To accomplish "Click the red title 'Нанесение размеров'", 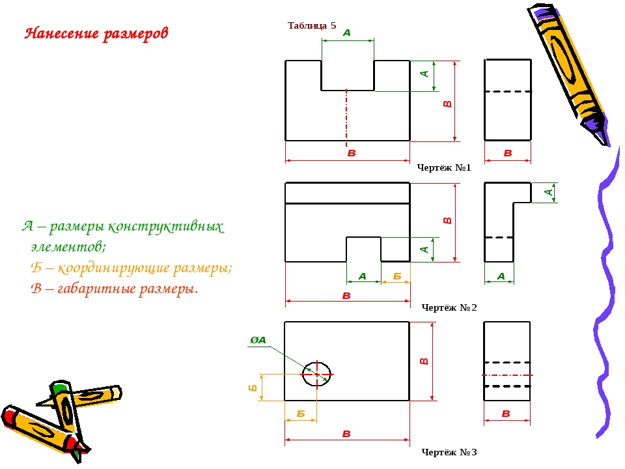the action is (96, 33).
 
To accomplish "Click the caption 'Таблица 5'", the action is (312, 25).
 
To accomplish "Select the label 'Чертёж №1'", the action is (444, 167).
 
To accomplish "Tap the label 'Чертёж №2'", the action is (449, 307).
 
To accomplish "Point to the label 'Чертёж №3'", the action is (449, 452).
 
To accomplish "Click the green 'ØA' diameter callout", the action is (258, 340).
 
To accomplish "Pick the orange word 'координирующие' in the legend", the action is (113, 268).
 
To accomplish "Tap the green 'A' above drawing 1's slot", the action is (347, 33).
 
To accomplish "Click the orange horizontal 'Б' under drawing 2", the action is (397, 276).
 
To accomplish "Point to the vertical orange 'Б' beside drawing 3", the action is (253, 387).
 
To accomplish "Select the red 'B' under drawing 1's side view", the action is (508, 152).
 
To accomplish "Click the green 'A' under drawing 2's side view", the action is (501, 276).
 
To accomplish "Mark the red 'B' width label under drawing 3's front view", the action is (346, 434).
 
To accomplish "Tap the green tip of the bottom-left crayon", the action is (59, 387).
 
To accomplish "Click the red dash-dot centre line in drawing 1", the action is (346, 118).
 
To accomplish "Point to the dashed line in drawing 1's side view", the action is (508, 92).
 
